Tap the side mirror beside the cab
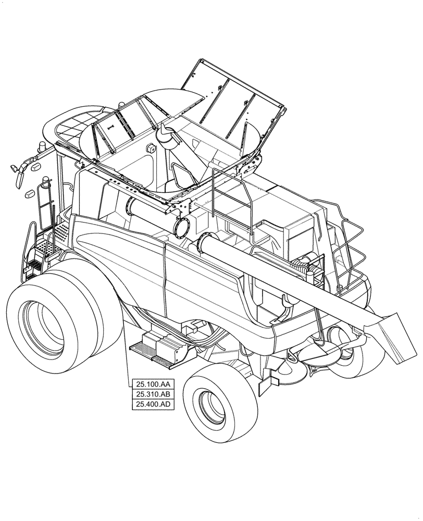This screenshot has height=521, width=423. tap(20, 175)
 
